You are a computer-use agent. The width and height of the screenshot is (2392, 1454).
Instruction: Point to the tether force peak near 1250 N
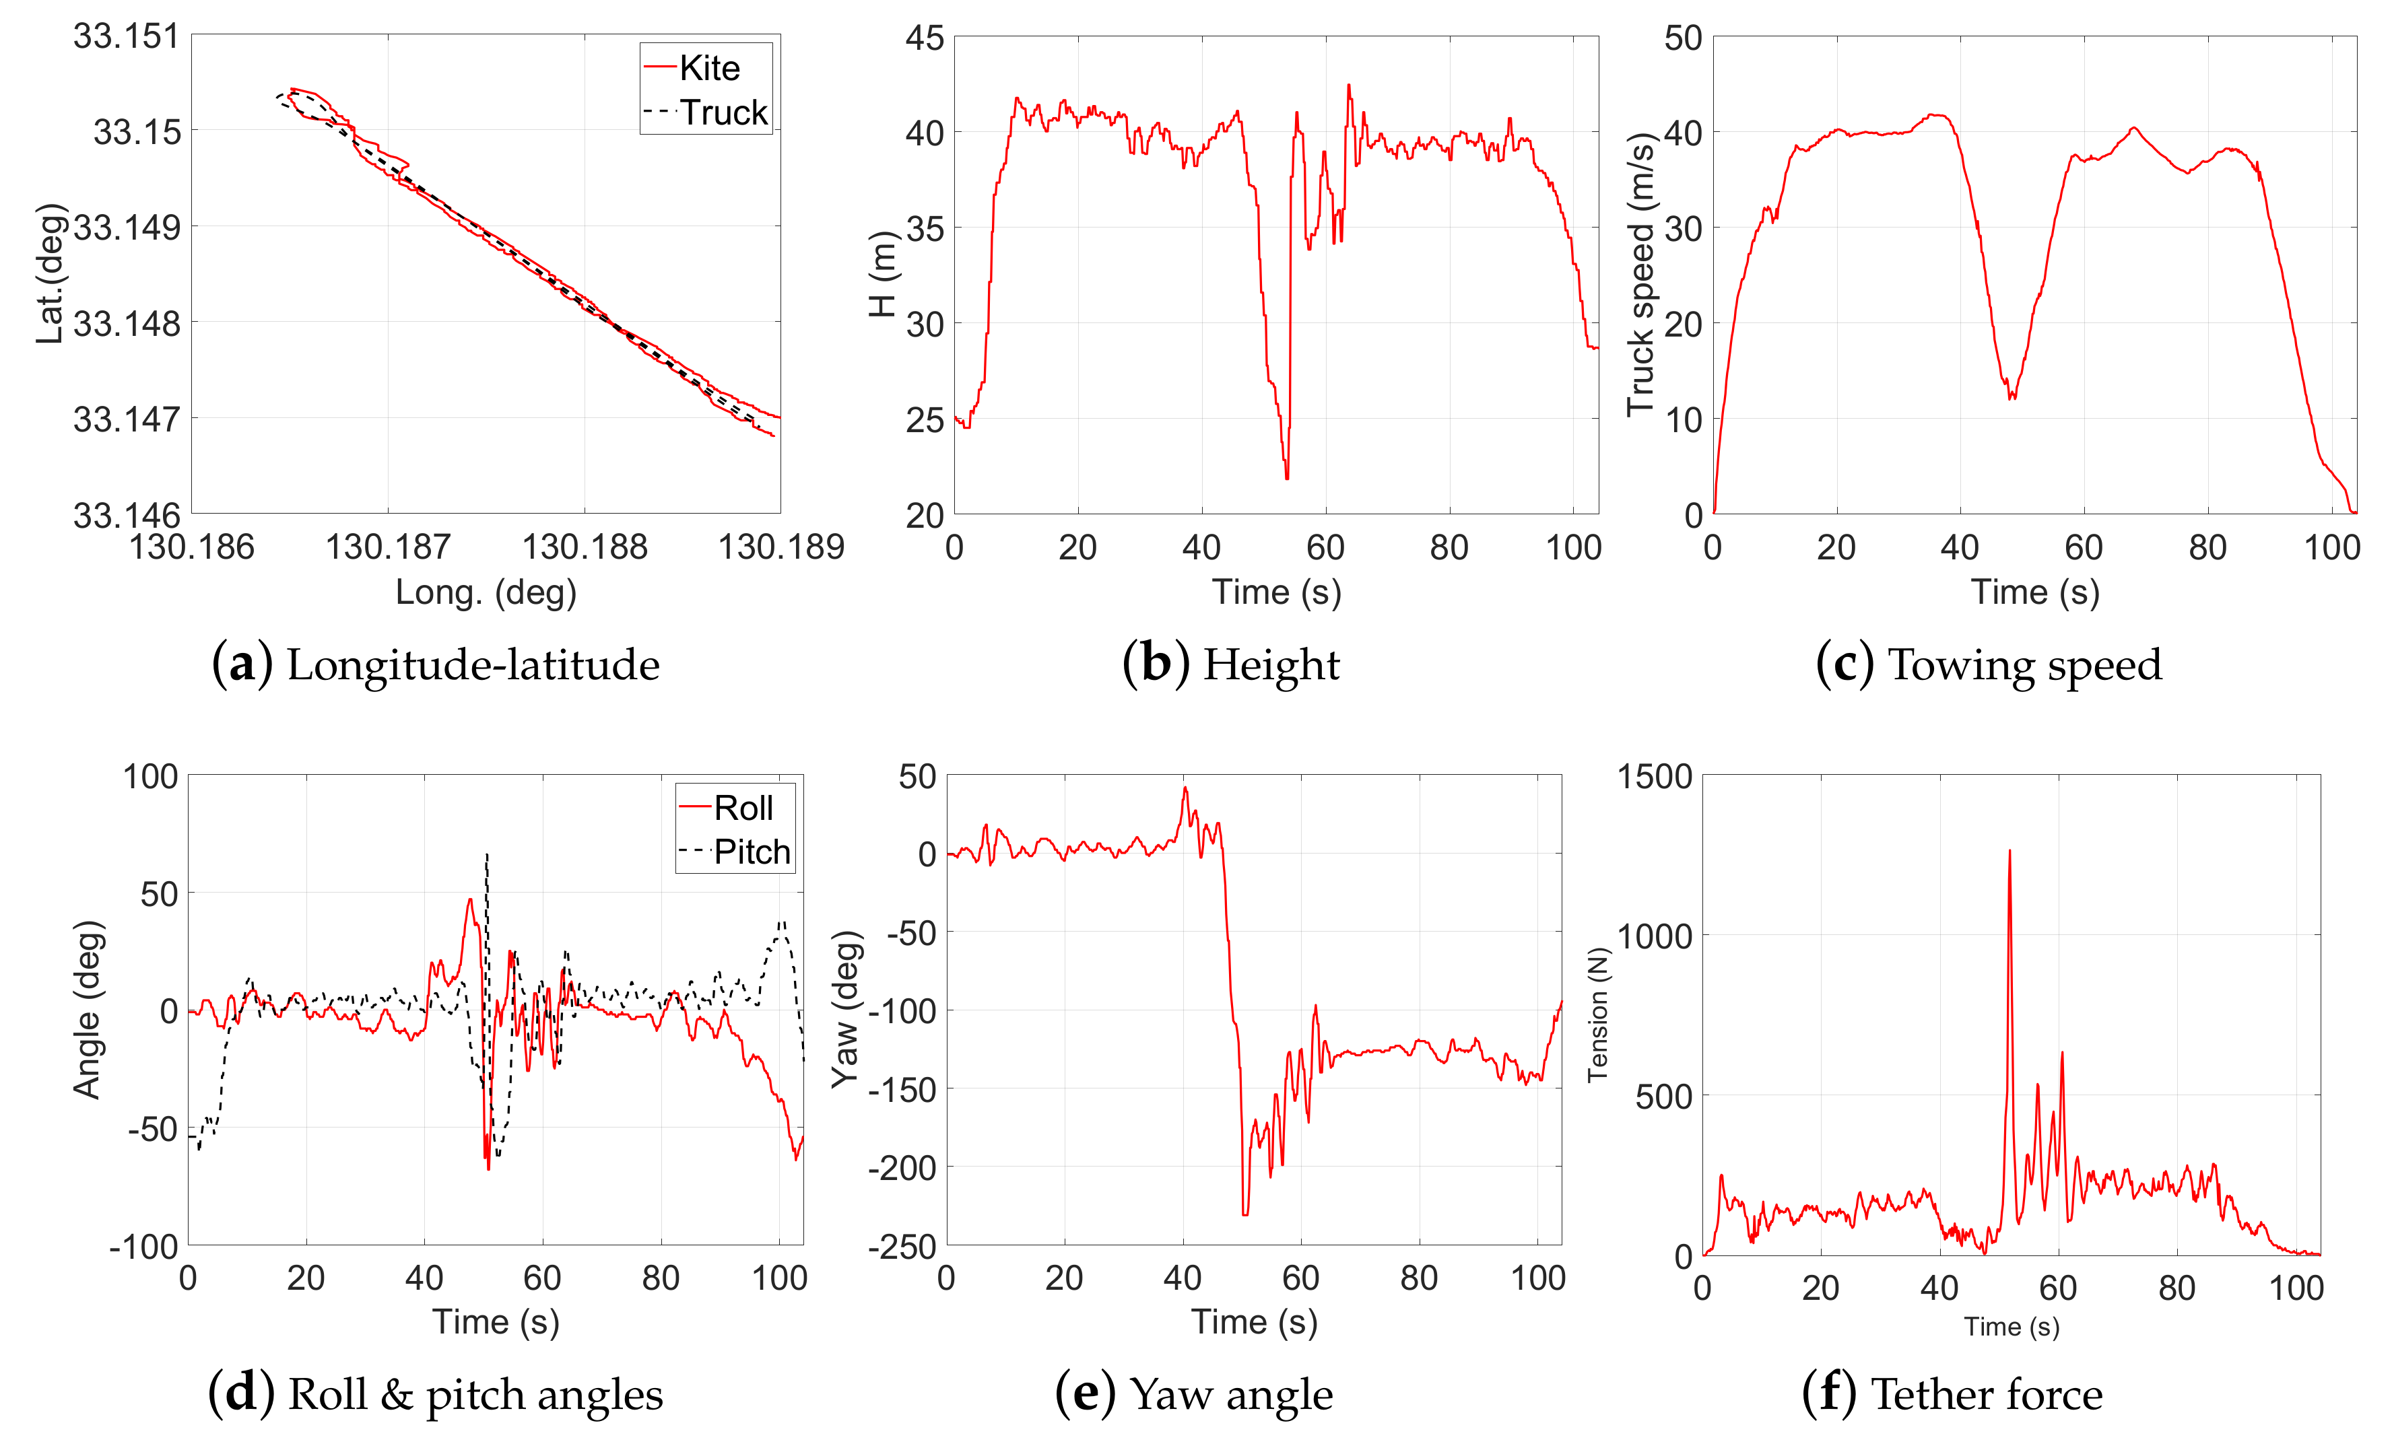point(2009,852)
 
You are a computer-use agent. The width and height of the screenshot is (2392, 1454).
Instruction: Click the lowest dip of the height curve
point(1288,477)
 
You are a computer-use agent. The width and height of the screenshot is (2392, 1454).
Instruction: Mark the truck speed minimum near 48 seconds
point(2012,397)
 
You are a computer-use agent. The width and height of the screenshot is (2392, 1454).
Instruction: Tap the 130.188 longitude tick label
point(585,547)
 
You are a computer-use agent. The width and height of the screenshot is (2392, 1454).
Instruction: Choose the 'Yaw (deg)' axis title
point(846,1010)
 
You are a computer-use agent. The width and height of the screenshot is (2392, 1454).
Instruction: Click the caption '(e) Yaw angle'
point(1194,1394)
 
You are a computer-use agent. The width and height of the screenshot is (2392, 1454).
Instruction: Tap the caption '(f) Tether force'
point(1952,1394)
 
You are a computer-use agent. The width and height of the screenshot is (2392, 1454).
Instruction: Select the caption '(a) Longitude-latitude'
point(435,665)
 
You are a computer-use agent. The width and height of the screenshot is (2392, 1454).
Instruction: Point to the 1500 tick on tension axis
point(1654,777)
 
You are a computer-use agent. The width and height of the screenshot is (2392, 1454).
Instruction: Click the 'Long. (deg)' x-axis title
point(486,592)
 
